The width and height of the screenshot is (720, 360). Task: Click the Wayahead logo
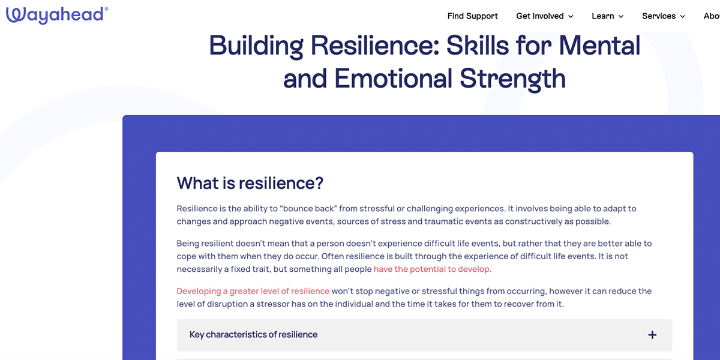(57, 15)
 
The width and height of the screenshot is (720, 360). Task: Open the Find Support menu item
(473, 16)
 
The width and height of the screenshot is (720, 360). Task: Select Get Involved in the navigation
(540, 16)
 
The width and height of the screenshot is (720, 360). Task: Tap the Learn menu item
(603, 16)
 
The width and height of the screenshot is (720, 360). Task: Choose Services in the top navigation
(659, 16)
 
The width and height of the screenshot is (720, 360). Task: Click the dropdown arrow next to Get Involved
(571, 17)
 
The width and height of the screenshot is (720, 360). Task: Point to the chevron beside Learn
(621, 17)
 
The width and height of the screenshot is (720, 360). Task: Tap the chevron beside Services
(683, 17)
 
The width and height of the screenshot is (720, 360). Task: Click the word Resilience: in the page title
(375, 46)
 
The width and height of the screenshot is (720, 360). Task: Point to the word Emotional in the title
(394, 79)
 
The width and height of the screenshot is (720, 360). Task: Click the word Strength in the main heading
(512, 79)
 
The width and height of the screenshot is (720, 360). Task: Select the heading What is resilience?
(250, 183)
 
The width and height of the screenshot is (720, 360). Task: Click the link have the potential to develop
(433, 269)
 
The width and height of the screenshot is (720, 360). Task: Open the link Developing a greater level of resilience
(253, 291)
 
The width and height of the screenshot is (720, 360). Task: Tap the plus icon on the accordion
(652, 335)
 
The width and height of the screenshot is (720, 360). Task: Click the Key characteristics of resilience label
(253, 335)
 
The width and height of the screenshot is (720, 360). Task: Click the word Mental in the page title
(599, 46)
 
